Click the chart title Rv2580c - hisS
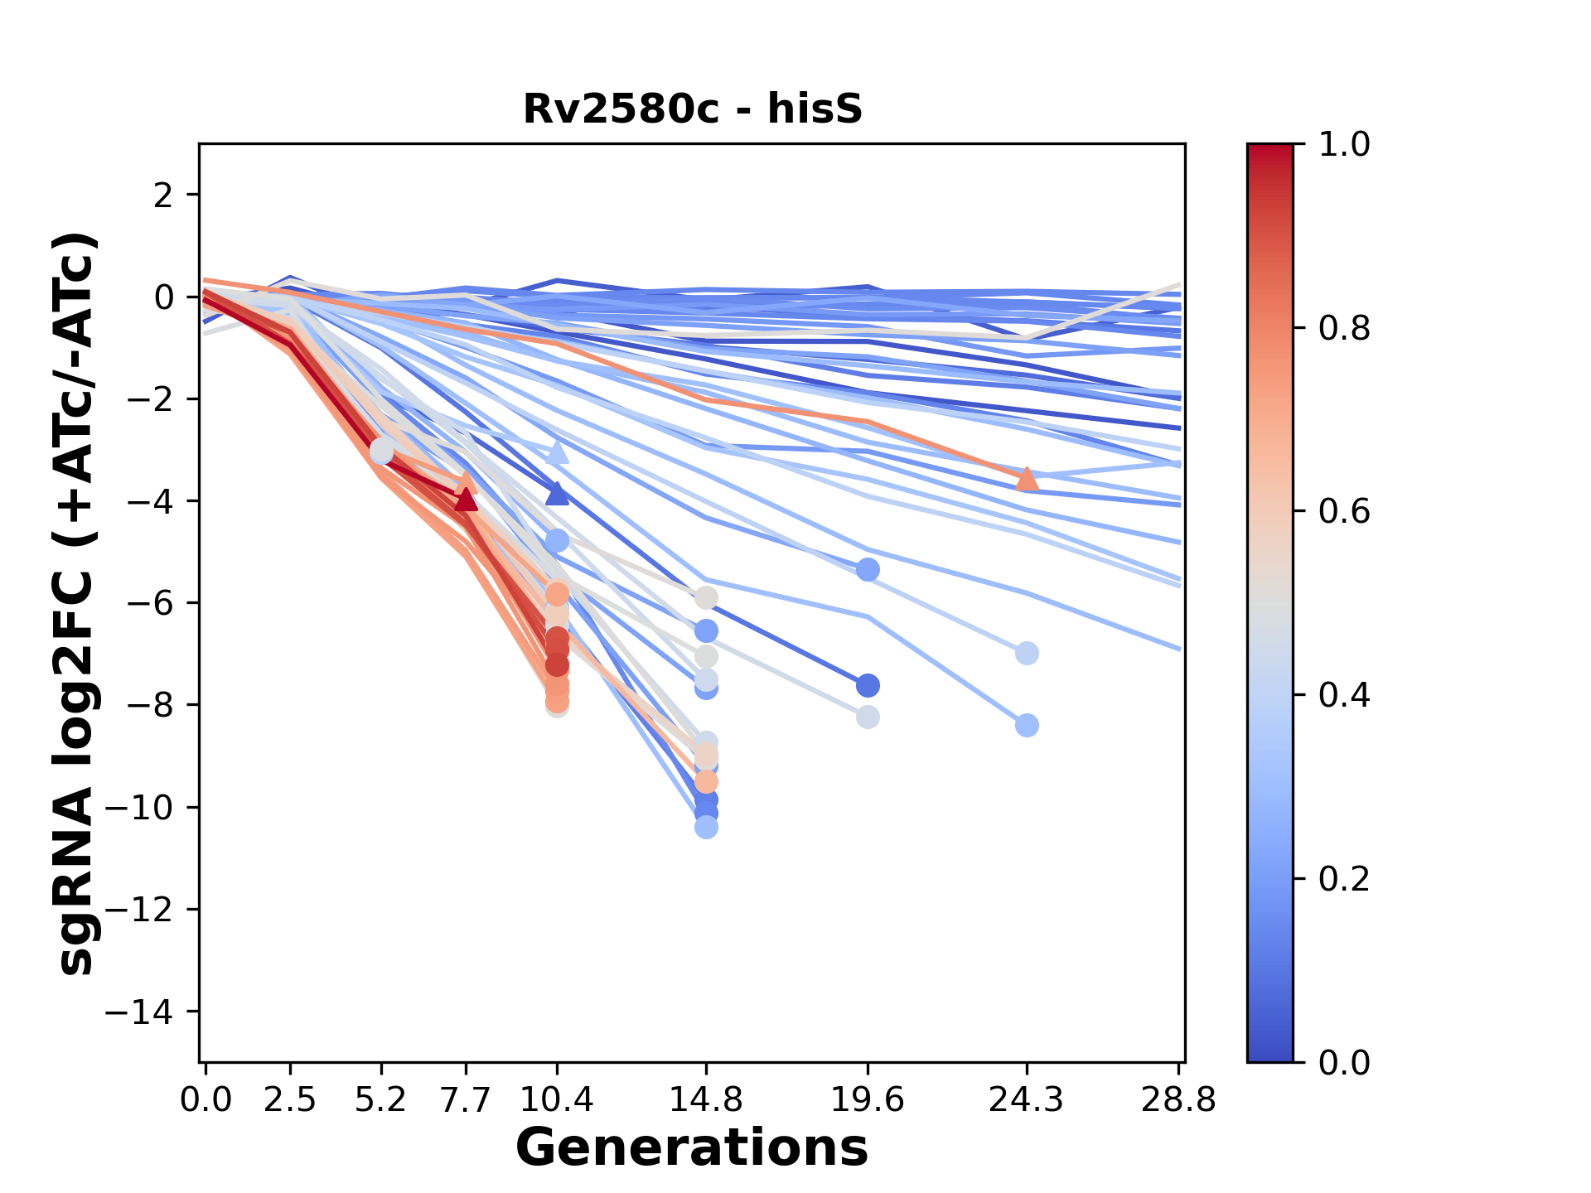(x=693, y=109)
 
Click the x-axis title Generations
(x=692, y=1147)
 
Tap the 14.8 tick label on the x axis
(x=706, y=1100)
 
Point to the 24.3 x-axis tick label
(x=1026, y=1100)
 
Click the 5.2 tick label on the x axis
(x=381, y=1100)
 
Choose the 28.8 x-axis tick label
(x=1178, y=1100)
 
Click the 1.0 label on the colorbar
(x=1343, y=145)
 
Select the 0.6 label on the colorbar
(x=1343, y=511)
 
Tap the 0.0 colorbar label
(x=1343, y=1061)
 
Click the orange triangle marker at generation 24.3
(x=1027, y=479)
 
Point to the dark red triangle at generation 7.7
(x=466, y=500)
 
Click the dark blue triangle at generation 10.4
(x=558, y=494)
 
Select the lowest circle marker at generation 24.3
(x=1027, y=726)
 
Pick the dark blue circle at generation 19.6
(x=868, y=686)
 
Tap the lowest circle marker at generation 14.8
(x=706, y=827)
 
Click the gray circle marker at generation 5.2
(x=381, y=451)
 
